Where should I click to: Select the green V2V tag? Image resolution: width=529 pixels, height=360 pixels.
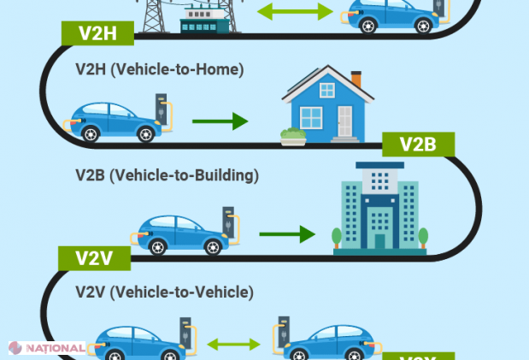point(93,257)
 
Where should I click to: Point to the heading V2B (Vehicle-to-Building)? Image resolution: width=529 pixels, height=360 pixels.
point(167,175)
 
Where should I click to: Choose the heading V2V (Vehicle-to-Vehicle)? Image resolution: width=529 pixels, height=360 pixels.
point(164,292)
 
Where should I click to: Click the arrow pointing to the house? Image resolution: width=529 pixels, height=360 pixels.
point(220,121)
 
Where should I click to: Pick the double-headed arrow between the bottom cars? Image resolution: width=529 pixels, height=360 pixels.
point(233,345)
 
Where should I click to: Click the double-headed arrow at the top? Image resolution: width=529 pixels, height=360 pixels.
point(295,12)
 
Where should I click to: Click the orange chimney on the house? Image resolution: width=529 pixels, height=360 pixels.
point(356,79)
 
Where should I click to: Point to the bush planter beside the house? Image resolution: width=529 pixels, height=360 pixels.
point(293,137)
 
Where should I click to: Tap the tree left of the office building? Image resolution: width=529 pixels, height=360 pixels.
point(338,237)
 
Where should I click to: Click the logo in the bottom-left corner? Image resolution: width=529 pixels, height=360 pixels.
point(46,349)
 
